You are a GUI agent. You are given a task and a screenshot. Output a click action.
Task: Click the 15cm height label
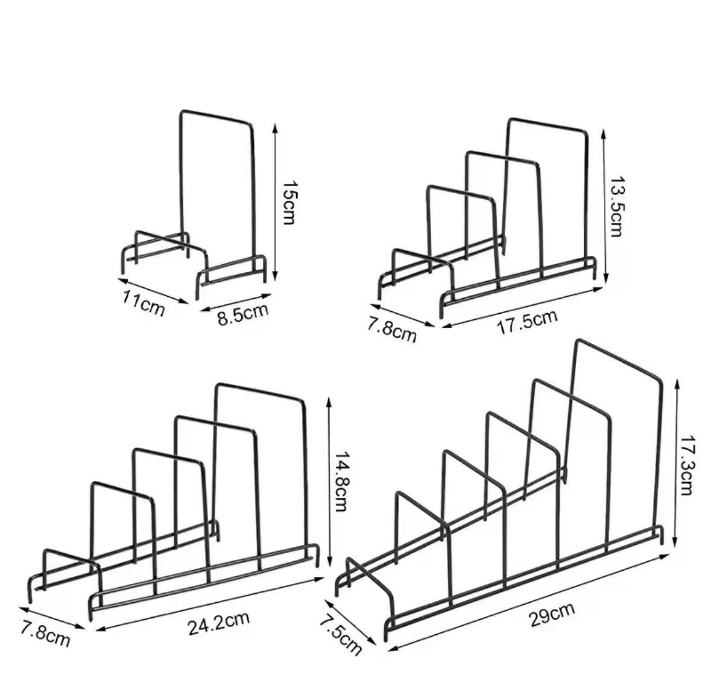289,203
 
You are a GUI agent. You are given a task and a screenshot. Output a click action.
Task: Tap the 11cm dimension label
144,303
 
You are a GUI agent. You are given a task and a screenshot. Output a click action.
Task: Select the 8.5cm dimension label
243,313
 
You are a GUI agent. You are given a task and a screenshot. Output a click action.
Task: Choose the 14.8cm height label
341,482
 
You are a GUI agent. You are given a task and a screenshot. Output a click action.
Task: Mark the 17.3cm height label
688,465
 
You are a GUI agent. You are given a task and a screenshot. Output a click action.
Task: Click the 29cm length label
551,614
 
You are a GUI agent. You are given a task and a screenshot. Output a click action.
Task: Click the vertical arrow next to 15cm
274,202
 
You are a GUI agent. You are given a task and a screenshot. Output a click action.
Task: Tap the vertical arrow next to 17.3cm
676,463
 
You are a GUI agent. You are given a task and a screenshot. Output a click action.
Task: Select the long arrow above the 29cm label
529,602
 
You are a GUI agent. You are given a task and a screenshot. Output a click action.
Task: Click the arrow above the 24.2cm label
209,604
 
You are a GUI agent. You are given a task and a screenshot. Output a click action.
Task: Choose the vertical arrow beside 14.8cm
329,482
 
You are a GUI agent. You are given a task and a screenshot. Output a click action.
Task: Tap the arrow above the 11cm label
153,290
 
